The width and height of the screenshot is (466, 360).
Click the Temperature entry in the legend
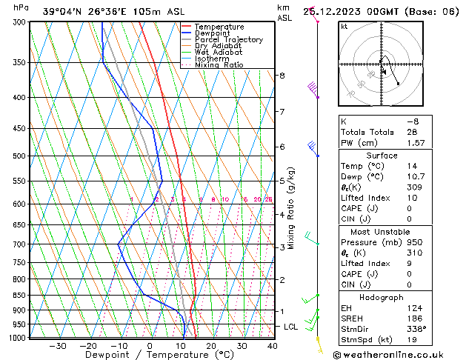pyautogui.click(x=219, y=27)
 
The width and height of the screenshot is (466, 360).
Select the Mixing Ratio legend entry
pyautogui.click(x=219, y=65)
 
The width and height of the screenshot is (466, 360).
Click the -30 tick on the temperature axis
pyautogui.click(x=57, y=346)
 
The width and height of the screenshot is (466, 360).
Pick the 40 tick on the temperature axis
pyautogui.click(x=273, y=346)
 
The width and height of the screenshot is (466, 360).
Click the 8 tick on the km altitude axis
pyautogui.click(x=282, y=76)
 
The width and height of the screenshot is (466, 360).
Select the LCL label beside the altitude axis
pyautogui.click(x=291, y=327)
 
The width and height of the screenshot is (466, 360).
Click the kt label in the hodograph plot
pyautogui.click(x=344, y=27)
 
